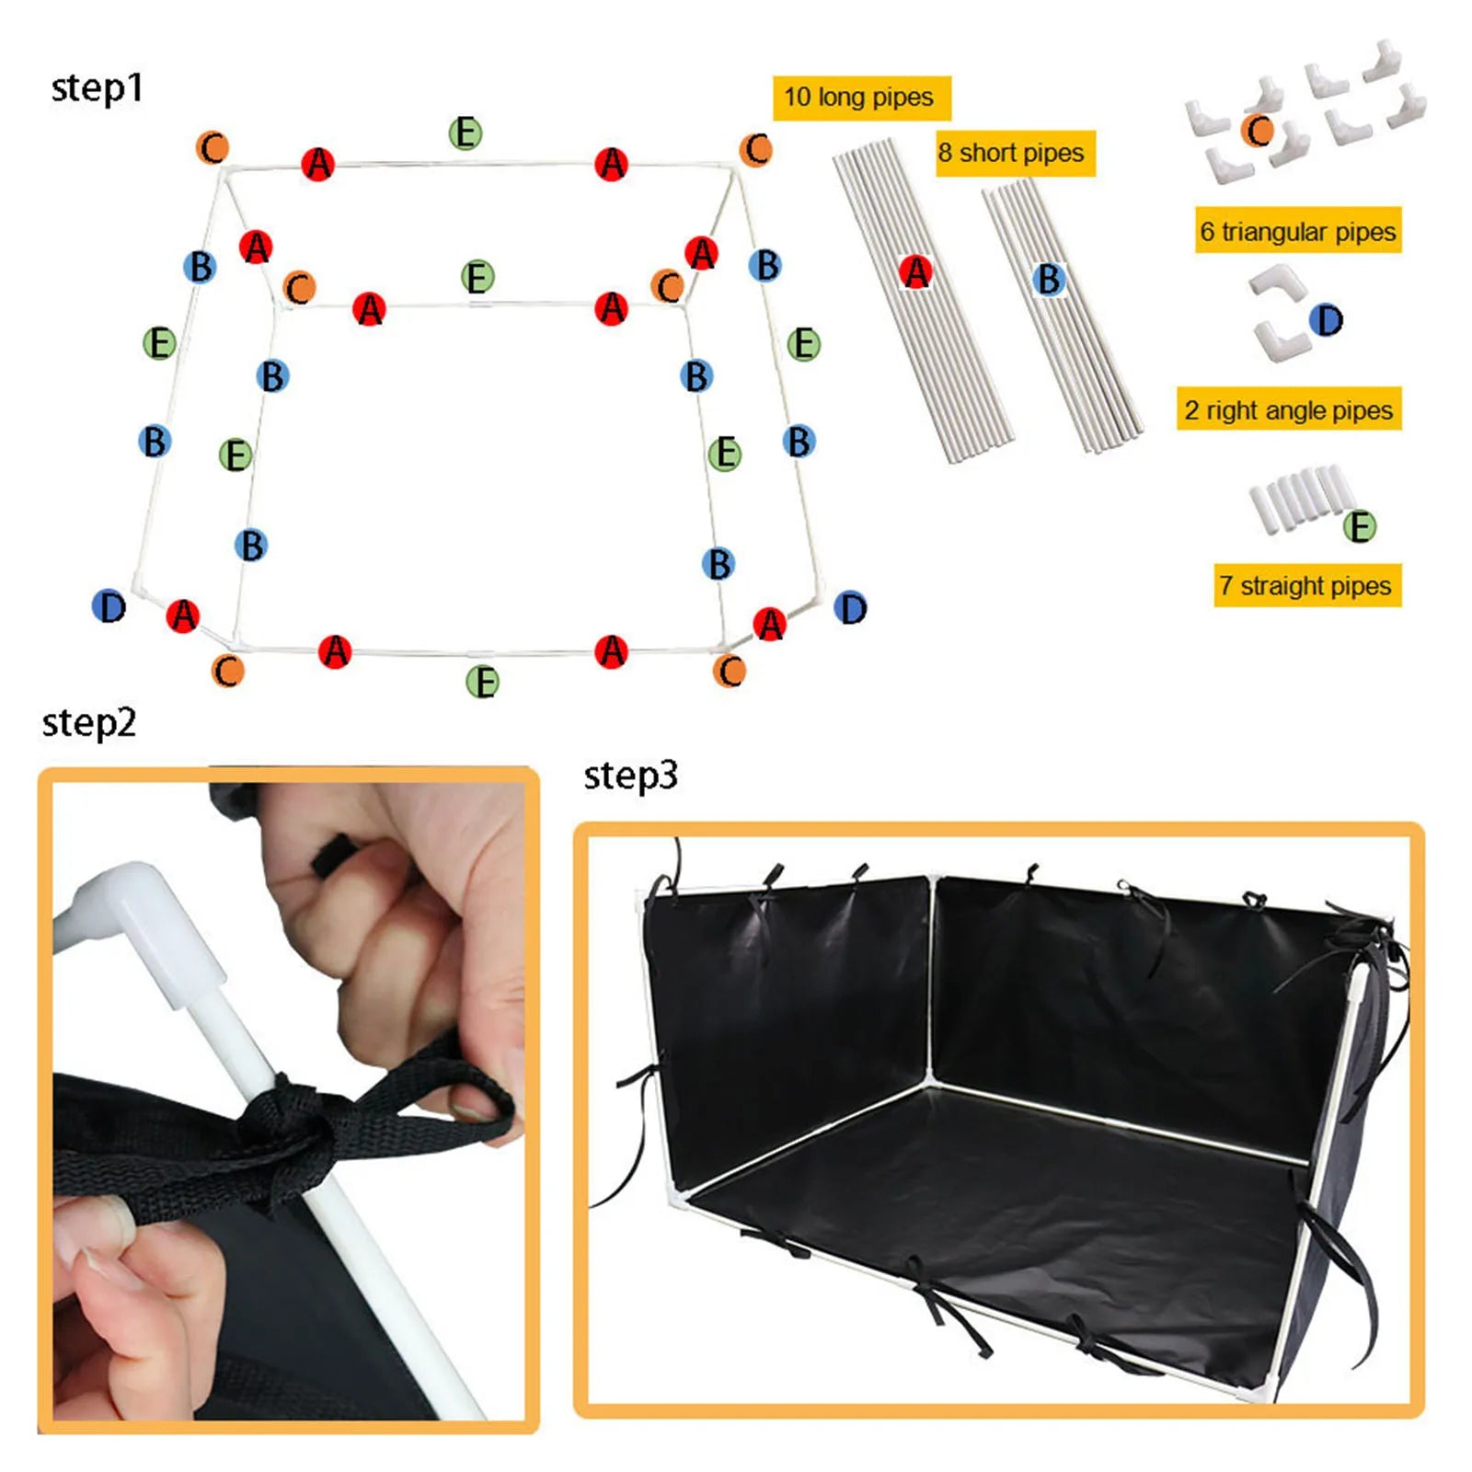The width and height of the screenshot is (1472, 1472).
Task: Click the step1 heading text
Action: (x=98, y=88)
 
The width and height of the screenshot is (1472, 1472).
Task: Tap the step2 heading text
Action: (x=89, y=723)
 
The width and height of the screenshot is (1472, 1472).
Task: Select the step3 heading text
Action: (x=631, y=776)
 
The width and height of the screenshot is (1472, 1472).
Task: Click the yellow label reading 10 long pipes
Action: (x=859, y=98)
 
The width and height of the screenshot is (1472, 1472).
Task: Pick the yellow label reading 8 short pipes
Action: (x=1012, y=153)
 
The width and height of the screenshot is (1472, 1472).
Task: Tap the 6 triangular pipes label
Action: (x=1298, y=231)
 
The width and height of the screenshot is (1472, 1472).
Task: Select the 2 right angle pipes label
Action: (x=1289, y=409)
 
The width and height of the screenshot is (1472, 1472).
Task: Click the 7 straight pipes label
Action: (x=1305, y=585)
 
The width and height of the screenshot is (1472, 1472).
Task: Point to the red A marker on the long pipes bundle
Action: (x=915, y=272)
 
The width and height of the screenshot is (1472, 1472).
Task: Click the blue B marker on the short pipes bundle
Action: (x=1048, y=279)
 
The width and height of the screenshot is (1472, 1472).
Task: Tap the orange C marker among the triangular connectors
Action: (x=1258, y=132)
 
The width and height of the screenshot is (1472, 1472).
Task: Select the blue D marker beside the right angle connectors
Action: (x=1326, y=320)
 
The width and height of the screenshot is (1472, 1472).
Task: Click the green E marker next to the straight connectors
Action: (x=1359, y=527)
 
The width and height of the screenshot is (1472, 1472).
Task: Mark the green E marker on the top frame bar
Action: (x=466, y=133)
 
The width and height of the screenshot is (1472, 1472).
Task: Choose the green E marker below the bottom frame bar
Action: (x=482, y=682)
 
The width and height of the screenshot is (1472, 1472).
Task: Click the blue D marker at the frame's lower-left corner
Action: (x=109, y=607)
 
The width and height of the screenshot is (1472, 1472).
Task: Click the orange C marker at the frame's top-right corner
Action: (x=756, y=149)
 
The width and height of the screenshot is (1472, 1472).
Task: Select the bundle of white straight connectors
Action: (x=1297, y=497)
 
